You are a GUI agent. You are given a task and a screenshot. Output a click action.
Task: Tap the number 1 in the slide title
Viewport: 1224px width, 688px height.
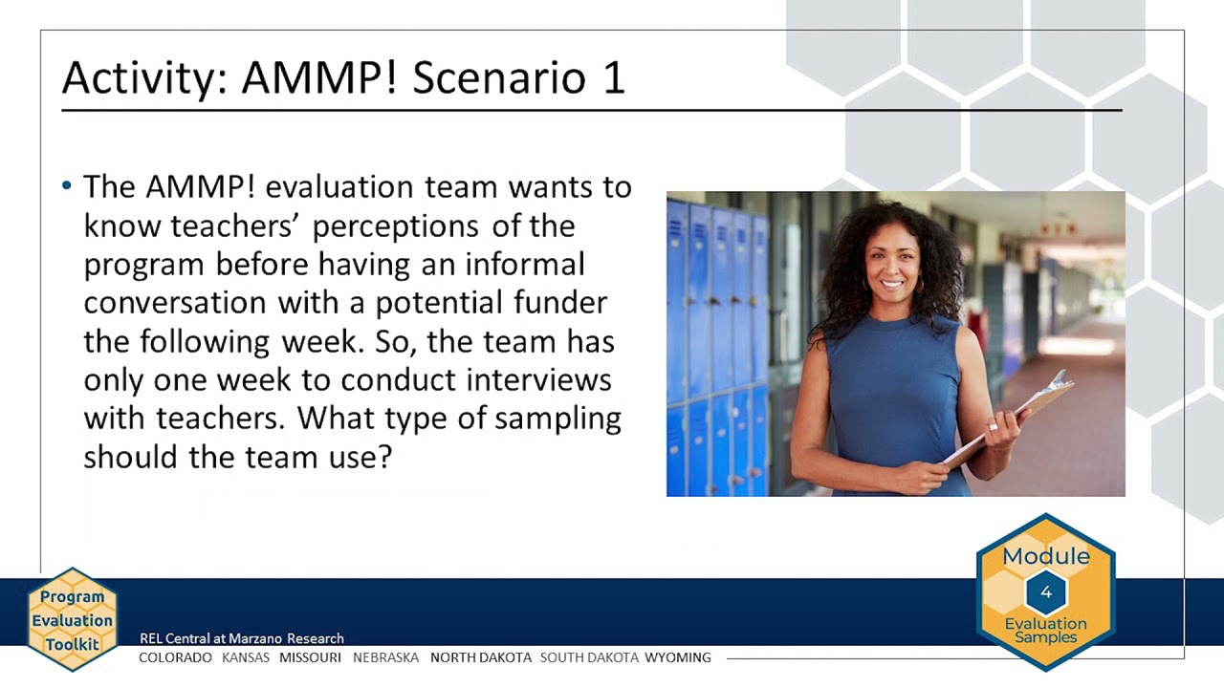pyautogui.click(x=613, y=77)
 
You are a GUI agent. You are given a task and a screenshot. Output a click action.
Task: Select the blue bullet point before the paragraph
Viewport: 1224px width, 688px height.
pyautogui.click(x=67, y=185)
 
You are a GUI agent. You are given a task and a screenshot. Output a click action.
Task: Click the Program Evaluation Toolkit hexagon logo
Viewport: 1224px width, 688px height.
pyautogui.click(x=72, y=619)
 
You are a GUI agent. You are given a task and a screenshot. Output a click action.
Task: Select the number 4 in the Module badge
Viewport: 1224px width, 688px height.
pyautogui.click(x=1045, y=592)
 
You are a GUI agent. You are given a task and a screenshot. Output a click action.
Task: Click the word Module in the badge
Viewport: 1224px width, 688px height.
pyautogui.click(x=1045, y=556)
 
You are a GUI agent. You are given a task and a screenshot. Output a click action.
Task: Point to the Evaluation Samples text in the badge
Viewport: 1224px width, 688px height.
pyautogui.click(x=1045, y=631)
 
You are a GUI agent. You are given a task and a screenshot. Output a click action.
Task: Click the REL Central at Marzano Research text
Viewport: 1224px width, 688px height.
pyautogui.click(x=241, y=638)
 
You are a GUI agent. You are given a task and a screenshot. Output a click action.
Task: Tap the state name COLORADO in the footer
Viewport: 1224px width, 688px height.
pyautogui.click(x=175, y=657)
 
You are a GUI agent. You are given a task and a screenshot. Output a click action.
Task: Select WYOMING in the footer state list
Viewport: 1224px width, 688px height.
pyautogui.click(x=677, y=657)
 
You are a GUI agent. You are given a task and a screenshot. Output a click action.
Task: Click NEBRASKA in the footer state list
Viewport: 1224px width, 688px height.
pyautogui.click(x=385, y=657)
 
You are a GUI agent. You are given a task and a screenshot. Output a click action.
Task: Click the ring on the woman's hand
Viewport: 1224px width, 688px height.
pyautogui.click(x=994, y=426)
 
